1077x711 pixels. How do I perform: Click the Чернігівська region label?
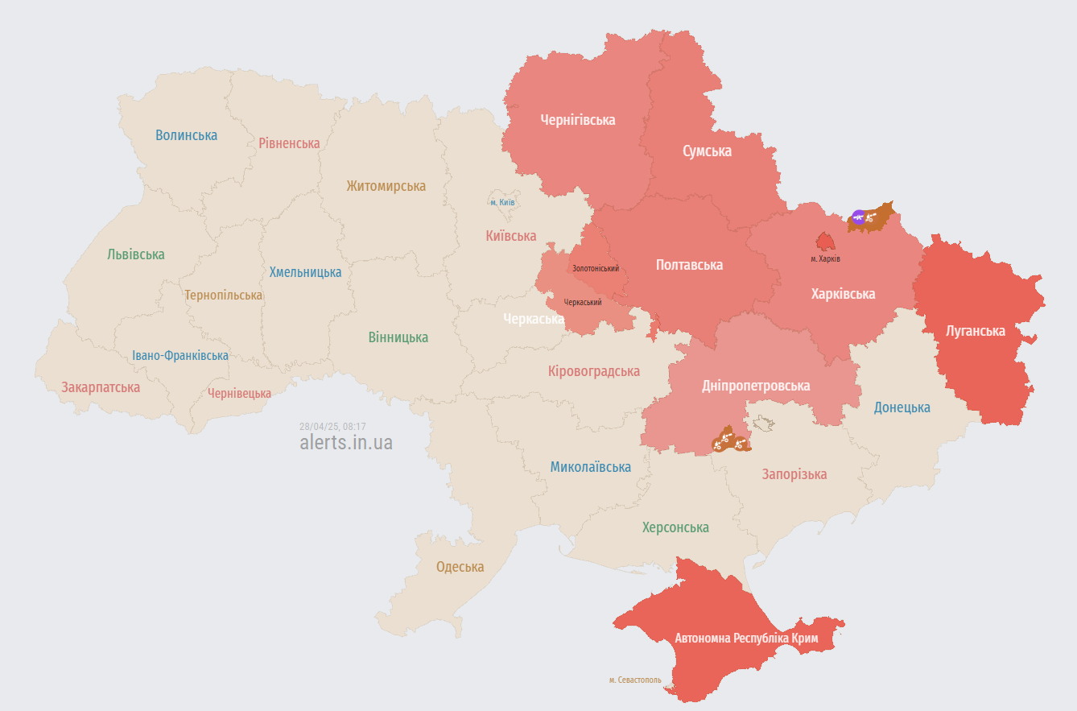pos(578,120)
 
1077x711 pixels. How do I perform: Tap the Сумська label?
pos(707,151)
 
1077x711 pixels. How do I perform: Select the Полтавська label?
pos(689,265)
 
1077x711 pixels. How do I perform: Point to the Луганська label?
pos(975,331)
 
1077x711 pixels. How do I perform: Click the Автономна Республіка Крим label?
pos(746,639)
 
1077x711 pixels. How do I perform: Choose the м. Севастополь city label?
pos(635,680)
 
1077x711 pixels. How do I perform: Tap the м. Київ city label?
pos(502,202)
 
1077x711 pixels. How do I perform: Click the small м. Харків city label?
pos(825,258)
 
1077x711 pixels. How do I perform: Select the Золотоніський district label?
pos(596,268)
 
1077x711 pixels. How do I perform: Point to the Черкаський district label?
pos(583,302)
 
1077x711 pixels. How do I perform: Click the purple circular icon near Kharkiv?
pos(858,216)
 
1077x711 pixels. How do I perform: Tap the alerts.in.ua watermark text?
pos(346,442)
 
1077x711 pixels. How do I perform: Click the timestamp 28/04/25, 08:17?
pos(332,426)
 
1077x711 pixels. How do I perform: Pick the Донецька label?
pos(902,407)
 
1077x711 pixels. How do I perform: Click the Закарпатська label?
pos(101,387)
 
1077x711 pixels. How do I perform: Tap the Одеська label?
pos(460,567)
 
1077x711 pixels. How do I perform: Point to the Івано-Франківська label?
pos(180,355)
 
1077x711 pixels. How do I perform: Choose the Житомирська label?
pos(386,186)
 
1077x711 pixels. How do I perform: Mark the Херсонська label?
pos(675,527)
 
